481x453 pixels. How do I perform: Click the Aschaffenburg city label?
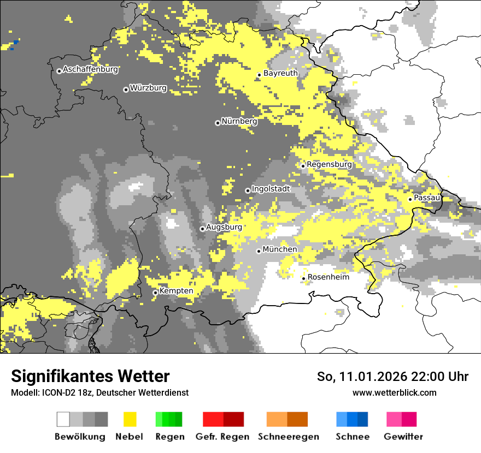(x=90, y=70)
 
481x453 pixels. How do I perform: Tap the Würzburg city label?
(x=148, y=88)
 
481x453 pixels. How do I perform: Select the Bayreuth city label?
(x=280, y=73)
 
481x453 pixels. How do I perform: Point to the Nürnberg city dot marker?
(x=218, y=123)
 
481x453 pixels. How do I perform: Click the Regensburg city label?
(x=329, y=164)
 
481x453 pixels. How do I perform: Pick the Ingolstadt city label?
(x=271, y=189)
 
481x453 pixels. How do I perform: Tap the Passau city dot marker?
(x=410, y=199)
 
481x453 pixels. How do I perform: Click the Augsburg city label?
(x=224, y=227)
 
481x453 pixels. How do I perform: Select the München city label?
(x=280, y=249)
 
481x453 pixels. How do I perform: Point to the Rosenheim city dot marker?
(x=303, y=279)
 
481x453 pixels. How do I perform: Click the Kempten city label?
(x=176, y=291)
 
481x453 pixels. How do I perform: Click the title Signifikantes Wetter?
(x=90, y=376)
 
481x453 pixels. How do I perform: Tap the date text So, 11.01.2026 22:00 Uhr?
(x=392, y=377)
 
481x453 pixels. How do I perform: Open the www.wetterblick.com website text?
(x=394, y=392)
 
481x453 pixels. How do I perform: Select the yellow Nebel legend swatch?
(x=130, y=419)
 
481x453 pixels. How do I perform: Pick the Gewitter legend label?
(x=403, y=437)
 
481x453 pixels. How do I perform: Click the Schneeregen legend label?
(x=288, y=437)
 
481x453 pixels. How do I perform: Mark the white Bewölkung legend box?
(x=63, y=419)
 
